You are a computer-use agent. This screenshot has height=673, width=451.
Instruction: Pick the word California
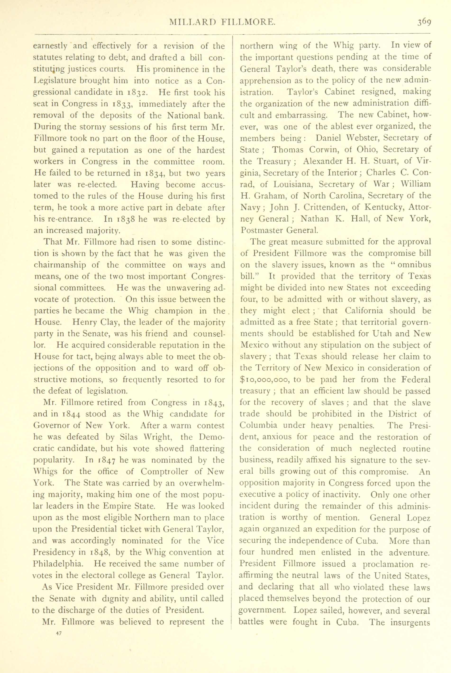pos(364,311)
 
